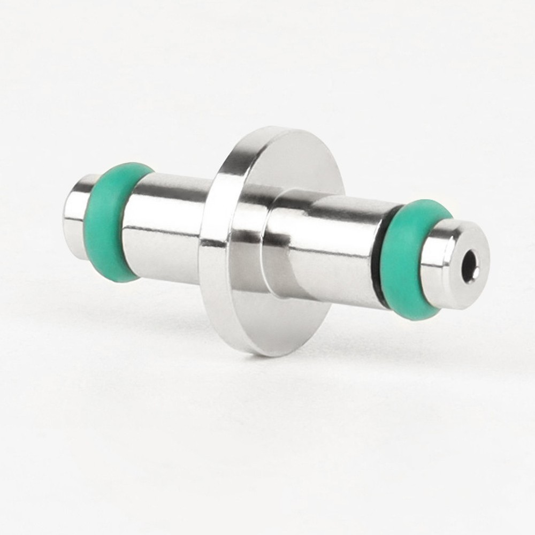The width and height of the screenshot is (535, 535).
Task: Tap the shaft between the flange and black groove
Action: tap(332, 241)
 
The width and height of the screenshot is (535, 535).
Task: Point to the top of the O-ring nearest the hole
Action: tap(428, 206)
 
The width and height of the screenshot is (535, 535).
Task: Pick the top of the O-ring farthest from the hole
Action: tap(128, 166)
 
